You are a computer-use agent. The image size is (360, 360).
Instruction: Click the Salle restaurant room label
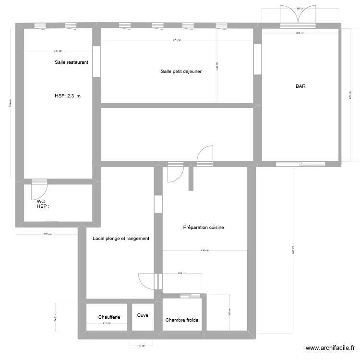coord(72,62)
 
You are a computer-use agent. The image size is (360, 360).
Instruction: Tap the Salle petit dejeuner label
coord(181,72)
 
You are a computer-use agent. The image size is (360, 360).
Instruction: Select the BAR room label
coord(301,87)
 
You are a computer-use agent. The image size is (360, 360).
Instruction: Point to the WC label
coord(41,201)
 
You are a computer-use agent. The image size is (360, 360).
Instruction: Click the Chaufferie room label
coord(109,317)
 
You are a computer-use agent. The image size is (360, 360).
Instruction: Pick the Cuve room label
coord(143,315)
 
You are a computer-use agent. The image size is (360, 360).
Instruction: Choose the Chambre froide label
coord(182,320)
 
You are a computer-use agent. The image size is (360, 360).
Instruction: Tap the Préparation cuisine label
coord(204,228)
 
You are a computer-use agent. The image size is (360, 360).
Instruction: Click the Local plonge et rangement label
coord(121,239)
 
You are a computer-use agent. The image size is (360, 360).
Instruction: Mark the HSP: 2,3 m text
coord(68,96)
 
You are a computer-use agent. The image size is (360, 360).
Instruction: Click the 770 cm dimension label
coord(177,40)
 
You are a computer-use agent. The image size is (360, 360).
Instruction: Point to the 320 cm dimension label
coord(48,234)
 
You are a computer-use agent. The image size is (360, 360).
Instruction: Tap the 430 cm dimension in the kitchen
coord(204,251)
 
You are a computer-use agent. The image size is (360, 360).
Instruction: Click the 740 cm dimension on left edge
coord(11,103)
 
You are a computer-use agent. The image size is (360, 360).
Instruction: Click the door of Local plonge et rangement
coord(145,281)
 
